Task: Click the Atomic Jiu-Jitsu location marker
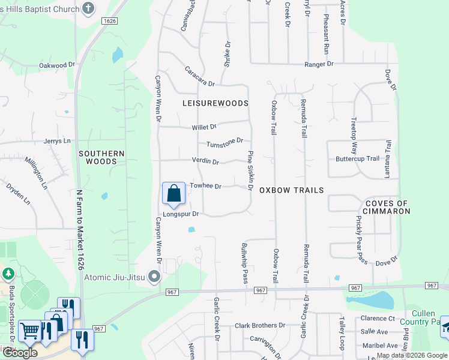(x=154, y=277)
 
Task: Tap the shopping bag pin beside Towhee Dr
(x=173, y=193)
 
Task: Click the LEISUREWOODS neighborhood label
(x=215, y=103)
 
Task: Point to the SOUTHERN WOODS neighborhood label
(x=101, y=157)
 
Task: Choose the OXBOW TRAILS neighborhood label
(x=291, y=190)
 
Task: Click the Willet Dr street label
(x=203, y=127)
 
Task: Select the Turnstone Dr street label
(x=224, y=143)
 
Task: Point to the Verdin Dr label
(x=205, y=161)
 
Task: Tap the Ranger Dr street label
(x=319, y=64)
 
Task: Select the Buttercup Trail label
(x=357, y=159)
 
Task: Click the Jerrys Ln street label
(x=57, y=141)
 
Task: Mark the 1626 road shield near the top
(x=109, y=21)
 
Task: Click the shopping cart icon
(x=29, y=331)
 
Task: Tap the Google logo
(x=20, y=353)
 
